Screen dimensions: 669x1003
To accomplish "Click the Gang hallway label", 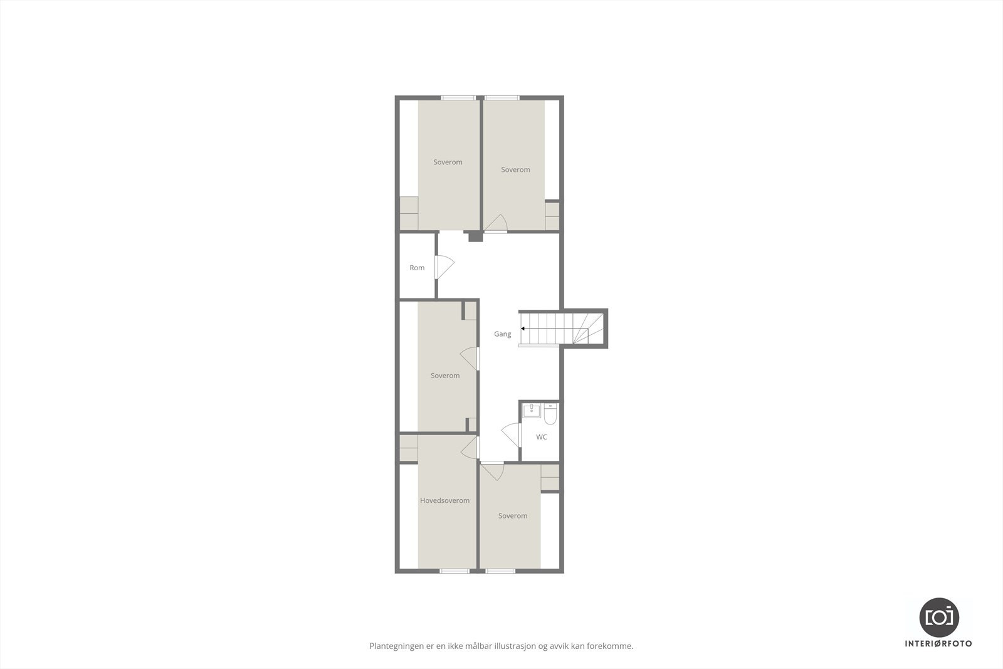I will pyautogui.click(x=502, y=334).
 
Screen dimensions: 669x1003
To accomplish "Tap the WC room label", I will pyautogui.click(x=542, y=437).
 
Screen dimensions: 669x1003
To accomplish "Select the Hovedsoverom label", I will pyautogui.click(x=444, y=500).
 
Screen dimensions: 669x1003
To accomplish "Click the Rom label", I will pyautogui.click(x=417, y=268).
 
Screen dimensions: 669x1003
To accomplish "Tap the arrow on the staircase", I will pyautogui.click(x=523, y=328).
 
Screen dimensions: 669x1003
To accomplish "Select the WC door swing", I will pyautogui.click(x=512, y=434).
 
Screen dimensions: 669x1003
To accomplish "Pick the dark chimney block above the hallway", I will pyautogui.click(x=475, y=236).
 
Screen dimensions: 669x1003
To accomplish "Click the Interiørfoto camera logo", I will pyautogui.click(x=938, y=616).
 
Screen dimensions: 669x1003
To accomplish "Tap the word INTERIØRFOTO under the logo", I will pyautogui.click(x=938, y=643).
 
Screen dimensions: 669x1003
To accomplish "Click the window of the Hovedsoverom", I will pyautogui.click(x=454, y=571).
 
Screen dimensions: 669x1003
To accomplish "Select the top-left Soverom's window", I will pyautogui.click(x=458, y=97).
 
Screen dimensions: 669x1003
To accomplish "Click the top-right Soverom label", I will pyautogui.click(x=515, y=169).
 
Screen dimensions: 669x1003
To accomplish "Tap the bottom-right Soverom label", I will pyautogui.click(x=512, y=515).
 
